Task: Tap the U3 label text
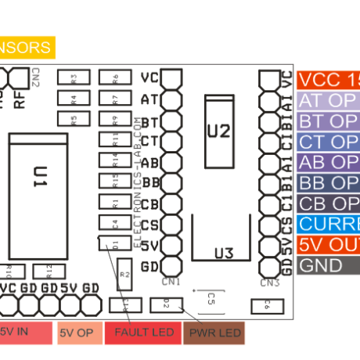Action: pyautogui.click(x=224, y=253)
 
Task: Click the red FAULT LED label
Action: pyautogui.click(x=144, y=333)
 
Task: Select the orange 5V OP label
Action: pyautogui.click(x=78, y=333)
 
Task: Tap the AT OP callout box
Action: pyautogui.click(x=327, y=101)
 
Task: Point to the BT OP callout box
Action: pyautogui.click(x=327, y=121)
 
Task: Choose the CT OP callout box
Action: pyautogui.click(x=327, y=142)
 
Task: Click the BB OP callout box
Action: pyautogui.click(x=327, y=183)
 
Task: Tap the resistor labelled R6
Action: pyautogui.click(x=114, y=78)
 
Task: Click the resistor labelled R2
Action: pyautogui.click(x=124, y=275)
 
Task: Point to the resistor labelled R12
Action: pyautogui.click(x=49, y=271)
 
